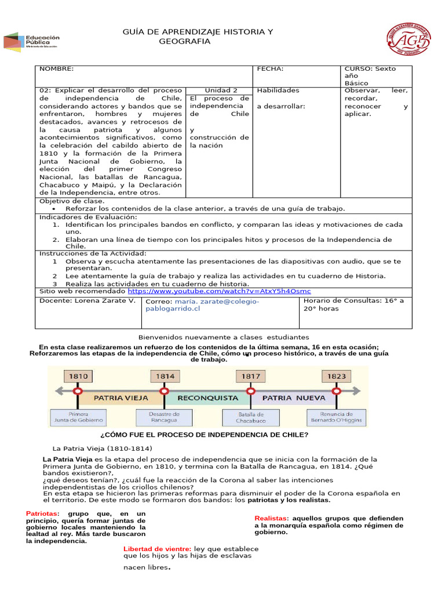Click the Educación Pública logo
click(x=32, y=42)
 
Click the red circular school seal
click(x=408, y=39)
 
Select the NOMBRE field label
click(x=57, y=69)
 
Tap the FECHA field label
click(x=270, y=69)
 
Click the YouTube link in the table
click(x=222, y=291)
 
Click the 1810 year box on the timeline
click(x=79, y=376)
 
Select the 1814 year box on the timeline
click(x=165, y=376)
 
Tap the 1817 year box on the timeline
click(x=250, y=376)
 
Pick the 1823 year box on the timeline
click(x=336, y=376)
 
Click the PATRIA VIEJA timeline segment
click(x=121, y=398)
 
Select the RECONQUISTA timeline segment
click(x=207, y=398)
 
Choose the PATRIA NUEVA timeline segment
click(x=293, y=398)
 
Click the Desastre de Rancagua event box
click(x=165, y=418)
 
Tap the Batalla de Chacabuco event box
click(x=250, y=418)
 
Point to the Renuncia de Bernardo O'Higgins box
click(x=336, y=418)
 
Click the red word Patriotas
click(x=42, y=514)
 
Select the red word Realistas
click(x=271, y=518)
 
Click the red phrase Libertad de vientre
click(x=157, y=549)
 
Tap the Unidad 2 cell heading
click(x=221, y=90)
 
